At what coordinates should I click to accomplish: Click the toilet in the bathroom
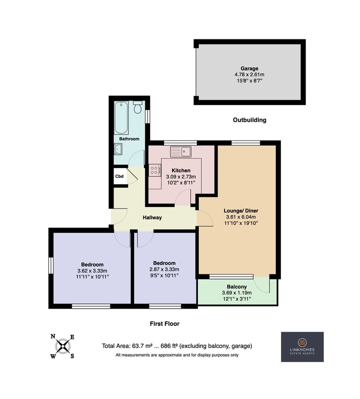click(138, 107)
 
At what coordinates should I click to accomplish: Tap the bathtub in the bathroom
click(121, 118)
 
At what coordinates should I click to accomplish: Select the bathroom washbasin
click(118, 149)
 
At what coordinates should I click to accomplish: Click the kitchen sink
click(180, 152)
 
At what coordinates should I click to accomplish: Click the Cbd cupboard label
click(119, 176)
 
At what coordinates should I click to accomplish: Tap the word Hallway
click(152, 218)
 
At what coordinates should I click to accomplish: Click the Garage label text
click(249, 68)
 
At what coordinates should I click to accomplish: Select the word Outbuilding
click(250, 120)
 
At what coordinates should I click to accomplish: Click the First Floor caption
click(165, 324)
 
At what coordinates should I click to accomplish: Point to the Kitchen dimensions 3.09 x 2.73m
click(181, 177)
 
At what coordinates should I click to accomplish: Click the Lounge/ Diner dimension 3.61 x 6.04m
click(241, 217)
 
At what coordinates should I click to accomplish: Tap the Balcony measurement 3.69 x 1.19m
click(237, 293)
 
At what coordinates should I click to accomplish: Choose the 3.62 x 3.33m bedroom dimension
click(92, 271)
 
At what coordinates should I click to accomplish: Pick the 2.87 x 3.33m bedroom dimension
click(165, 269)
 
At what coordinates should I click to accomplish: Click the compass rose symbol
click(63, 347)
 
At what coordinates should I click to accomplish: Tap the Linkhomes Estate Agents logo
click(302, 347)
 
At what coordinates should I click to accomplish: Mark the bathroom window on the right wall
click(148, 116)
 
